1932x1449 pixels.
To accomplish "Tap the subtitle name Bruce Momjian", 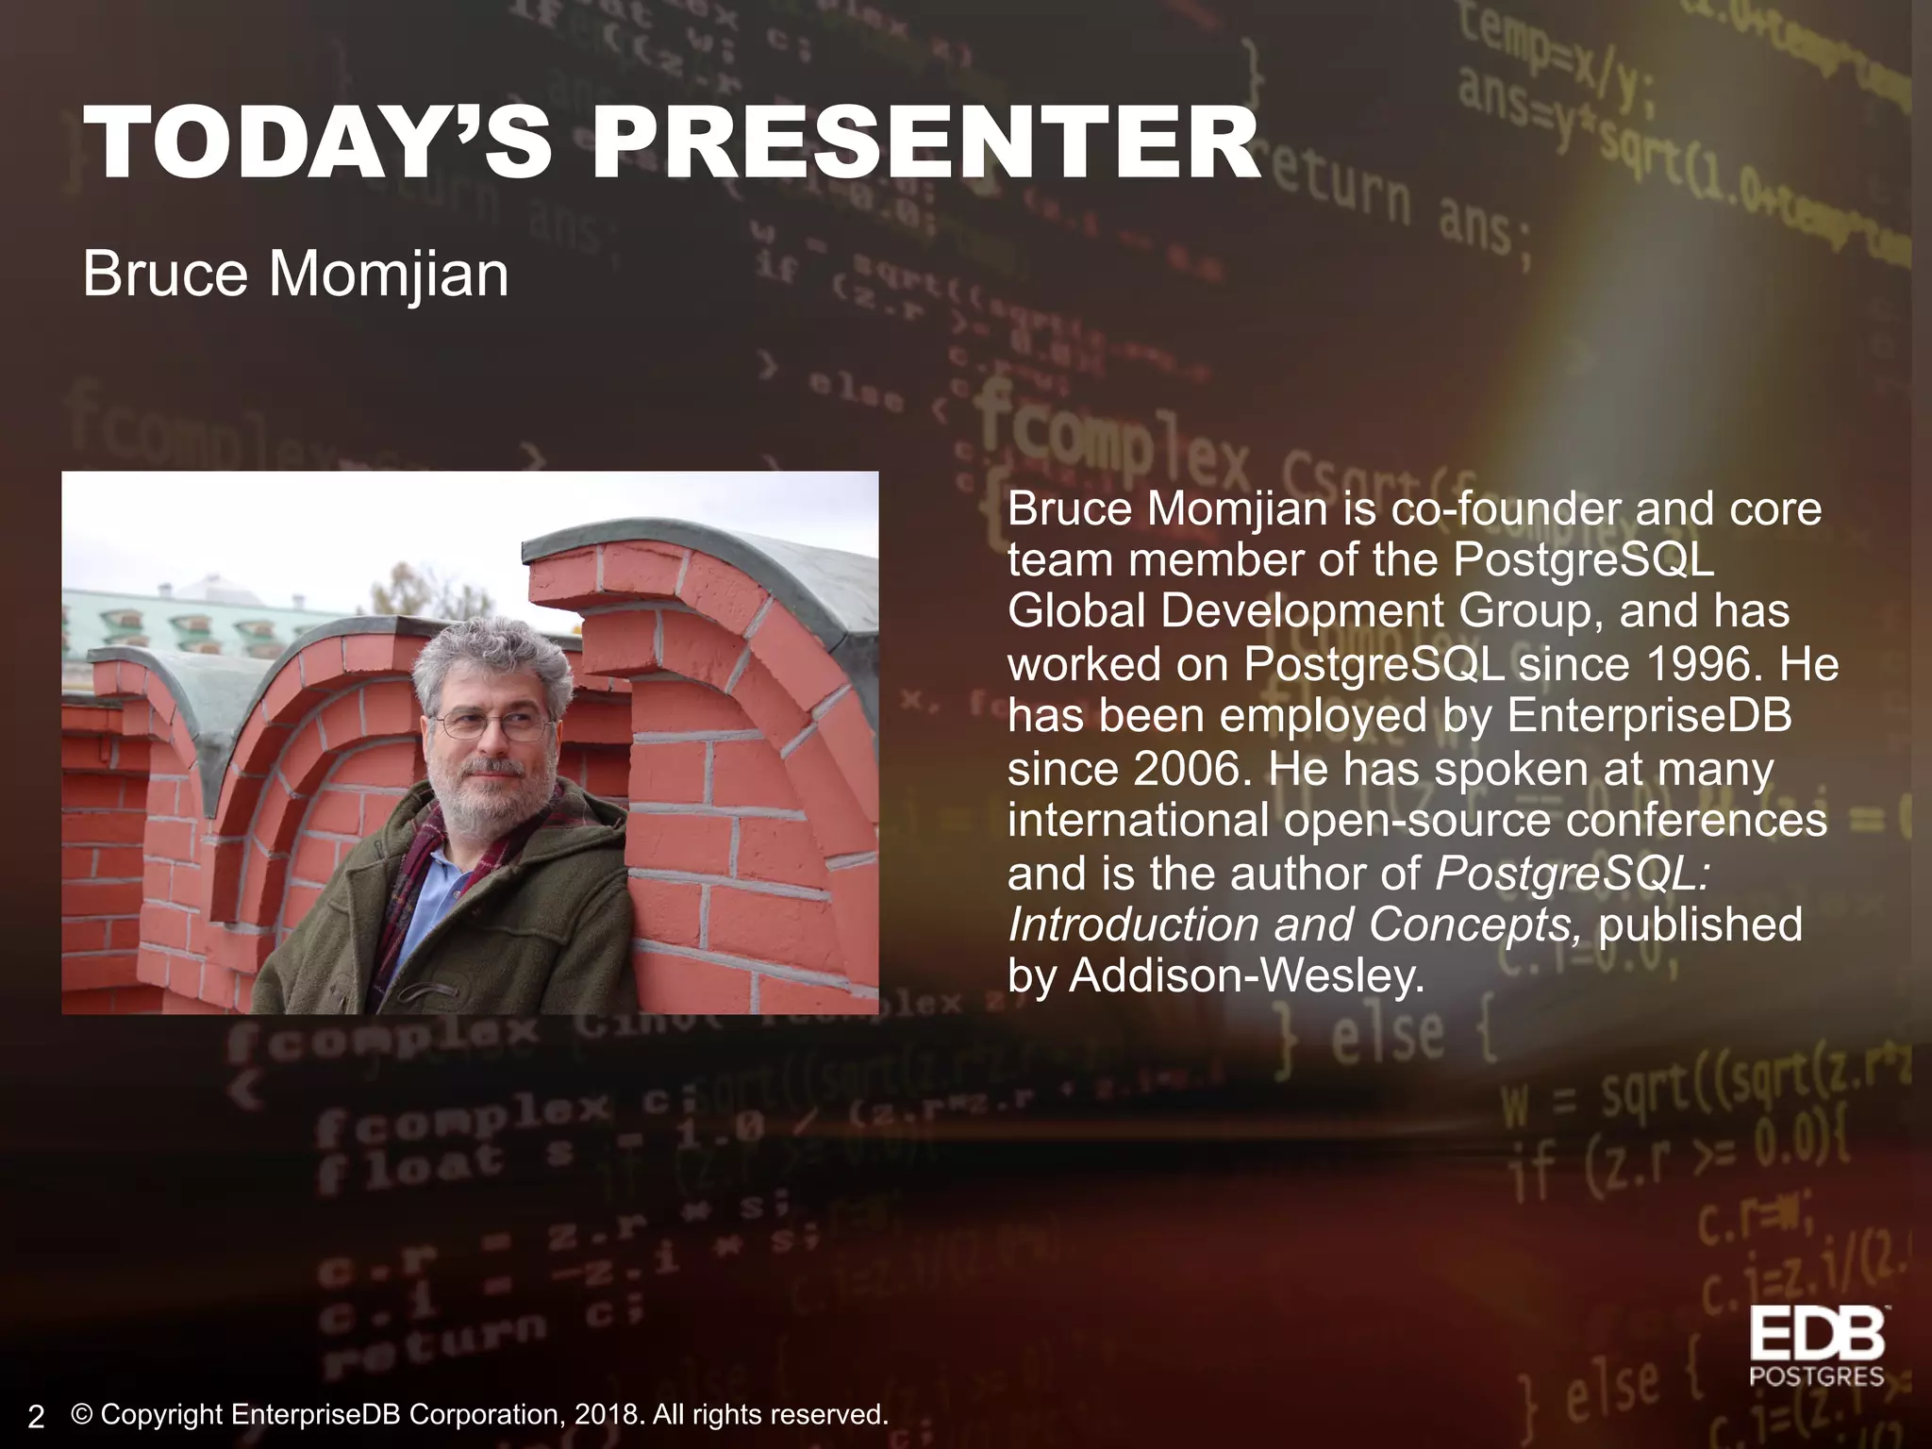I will tap(295, 275).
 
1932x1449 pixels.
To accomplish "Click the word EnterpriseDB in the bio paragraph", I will tap(1649, 716).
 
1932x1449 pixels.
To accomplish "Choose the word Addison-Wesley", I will tap(1245, 976).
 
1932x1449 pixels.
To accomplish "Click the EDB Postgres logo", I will tap(1816, 1346).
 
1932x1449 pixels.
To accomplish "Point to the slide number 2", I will tap(36, 1416).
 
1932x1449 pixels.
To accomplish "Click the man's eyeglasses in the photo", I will tap(492, 725).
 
